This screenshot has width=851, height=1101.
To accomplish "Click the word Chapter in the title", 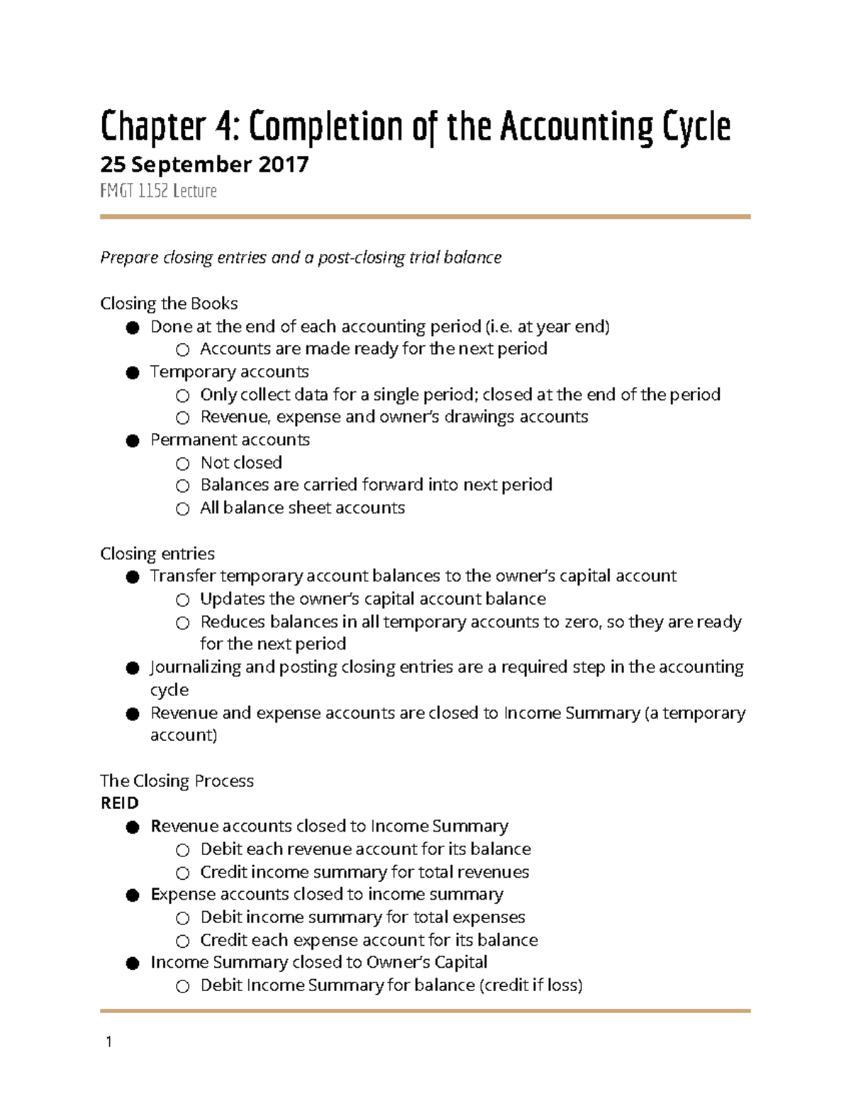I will (x=152, y=128).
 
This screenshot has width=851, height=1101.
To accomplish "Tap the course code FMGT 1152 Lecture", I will (x=158, y=191).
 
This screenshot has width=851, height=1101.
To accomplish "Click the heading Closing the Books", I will (x=169, y=303).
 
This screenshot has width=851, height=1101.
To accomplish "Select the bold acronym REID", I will (x=119, y=803).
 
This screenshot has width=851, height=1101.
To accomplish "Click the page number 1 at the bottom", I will (x=109, y=1041).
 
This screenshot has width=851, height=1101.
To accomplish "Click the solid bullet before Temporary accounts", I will (x=133, y=373).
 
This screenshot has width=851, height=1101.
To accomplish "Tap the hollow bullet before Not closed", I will (x=183, y=464).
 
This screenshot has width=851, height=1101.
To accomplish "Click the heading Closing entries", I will (x=157, y=554).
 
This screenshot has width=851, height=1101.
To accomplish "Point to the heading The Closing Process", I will (x=177, y=781).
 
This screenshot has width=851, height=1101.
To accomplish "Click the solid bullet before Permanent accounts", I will (x=133, y=441).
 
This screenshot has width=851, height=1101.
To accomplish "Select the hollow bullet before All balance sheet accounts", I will (x=183, y=509).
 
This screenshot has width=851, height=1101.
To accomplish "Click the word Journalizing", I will (x=195, y=667).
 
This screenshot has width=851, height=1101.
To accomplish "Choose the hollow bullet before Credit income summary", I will (x=183, y=873).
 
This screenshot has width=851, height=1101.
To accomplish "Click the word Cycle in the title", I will (x=696, y=128).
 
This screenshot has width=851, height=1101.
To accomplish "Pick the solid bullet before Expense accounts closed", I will (x=133, y=895).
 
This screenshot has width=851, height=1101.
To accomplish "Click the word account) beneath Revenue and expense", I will (x=184, y=735).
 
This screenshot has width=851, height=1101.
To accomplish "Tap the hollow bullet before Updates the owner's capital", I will (x=183, y=600).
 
